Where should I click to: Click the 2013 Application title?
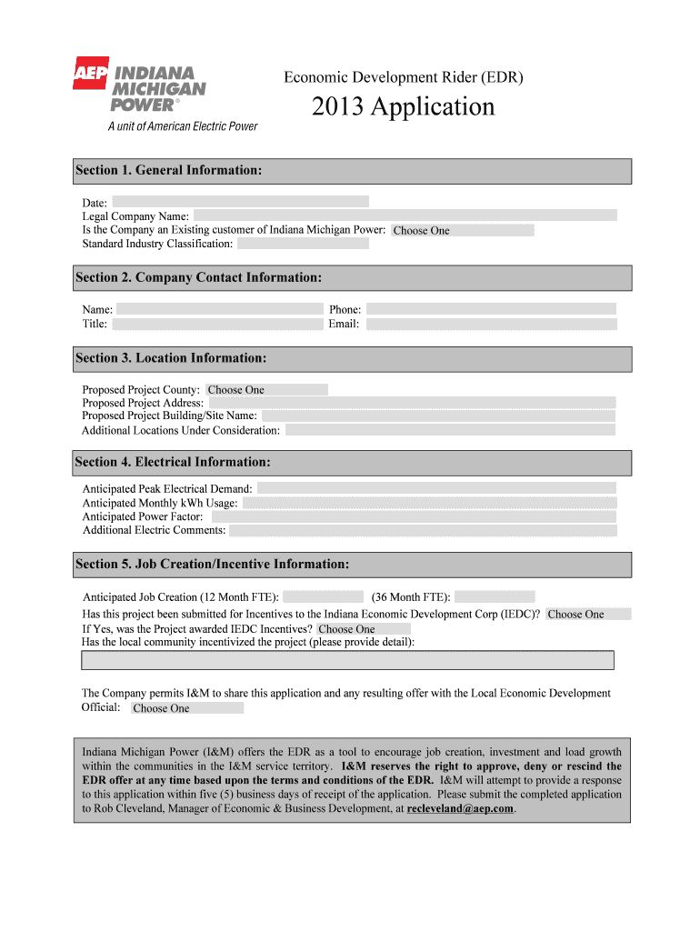pos(404,107)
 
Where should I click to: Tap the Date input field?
pos(240,202)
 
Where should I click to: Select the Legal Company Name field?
pos(405,215)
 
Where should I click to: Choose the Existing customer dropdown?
pos(462,230)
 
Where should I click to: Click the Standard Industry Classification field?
pos(304,244)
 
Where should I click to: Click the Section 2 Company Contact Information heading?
pos(198,277)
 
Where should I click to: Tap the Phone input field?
pos(491,309)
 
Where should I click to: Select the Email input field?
pos(491,324)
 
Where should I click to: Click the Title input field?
pos(217,324)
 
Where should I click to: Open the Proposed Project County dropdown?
pos(266,389)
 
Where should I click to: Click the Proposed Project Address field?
pos(411,403)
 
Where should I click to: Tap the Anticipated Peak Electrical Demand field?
pos(437,488)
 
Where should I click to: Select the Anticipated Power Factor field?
pos(411,516)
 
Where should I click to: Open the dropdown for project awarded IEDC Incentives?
pos(364,628)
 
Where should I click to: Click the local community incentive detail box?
pos(347,660)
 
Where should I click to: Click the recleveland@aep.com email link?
pos(461,808)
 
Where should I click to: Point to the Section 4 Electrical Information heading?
pos(173,462)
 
